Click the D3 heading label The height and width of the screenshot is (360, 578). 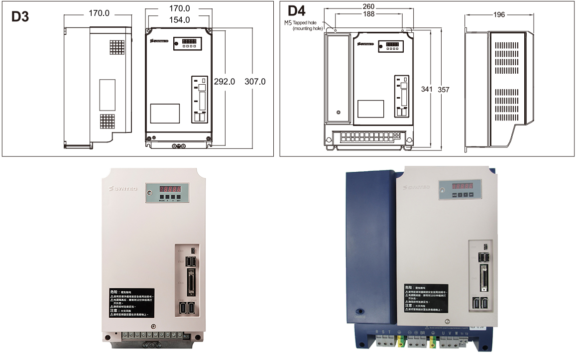point(20,16)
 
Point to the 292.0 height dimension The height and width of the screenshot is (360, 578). point(224,82)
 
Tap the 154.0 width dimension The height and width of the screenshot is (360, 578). point(180,20)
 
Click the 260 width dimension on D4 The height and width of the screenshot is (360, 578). point(368,6)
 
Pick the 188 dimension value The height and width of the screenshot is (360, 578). point(368,14)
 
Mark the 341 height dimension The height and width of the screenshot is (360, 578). point(427,90)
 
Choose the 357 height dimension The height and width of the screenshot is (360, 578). point(443,90)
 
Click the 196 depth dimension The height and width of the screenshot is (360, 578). point(499,15)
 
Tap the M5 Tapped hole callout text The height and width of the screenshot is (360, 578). point(304,25)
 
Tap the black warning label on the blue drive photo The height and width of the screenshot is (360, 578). point(425,298)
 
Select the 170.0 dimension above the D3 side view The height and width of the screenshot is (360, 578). point(99,13)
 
